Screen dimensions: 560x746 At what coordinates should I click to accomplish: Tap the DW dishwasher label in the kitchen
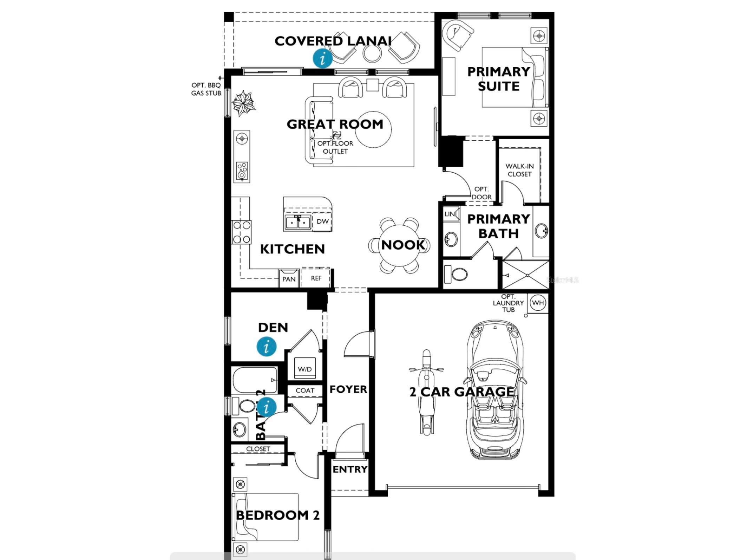322,221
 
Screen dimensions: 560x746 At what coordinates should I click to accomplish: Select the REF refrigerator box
316,278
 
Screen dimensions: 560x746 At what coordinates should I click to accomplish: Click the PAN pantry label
289,279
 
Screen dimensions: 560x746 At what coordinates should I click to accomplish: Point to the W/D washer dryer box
305,369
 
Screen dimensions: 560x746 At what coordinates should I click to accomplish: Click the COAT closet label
305,391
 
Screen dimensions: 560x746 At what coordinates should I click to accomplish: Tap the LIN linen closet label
450,214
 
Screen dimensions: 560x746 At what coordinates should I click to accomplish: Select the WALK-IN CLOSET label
519,170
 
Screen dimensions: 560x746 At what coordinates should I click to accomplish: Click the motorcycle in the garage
426,392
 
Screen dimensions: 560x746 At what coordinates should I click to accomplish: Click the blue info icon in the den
267,347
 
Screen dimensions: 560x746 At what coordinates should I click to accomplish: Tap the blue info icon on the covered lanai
322,58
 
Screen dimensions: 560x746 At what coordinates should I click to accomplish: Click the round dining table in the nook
399,245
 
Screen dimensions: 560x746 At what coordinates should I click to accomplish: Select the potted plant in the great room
243,103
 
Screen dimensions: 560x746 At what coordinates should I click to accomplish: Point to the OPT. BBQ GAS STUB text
206,89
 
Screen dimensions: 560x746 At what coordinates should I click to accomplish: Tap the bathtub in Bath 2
255,380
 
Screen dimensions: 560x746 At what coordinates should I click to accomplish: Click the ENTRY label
350,469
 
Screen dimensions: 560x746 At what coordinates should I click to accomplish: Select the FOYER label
348,389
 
